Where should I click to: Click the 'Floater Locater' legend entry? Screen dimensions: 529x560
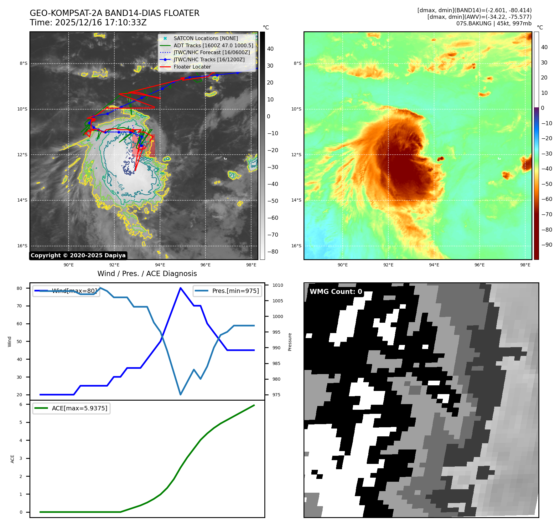tap(192, 67)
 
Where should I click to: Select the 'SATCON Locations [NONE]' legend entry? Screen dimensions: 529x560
tap(205, 39)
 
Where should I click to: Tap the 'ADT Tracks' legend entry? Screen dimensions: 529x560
tap(213, 46)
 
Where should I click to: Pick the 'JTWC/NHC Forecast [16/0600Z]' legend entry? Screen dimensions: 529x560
tap(211, 53)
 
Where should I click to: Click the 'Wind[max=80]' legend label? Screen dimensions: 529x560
tap(74, 291)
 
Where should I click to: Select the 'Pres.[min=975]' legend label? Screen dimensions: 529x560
tap(235, 291)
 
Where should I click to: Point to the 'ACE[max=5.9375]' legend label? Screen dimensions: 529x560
tap(79, 408)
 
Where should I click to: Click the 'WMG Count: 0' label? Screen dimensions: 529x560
tap(336, 292)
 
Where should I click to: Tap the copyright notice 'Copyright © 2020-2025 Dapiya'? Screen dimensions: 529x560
tap(78, 255)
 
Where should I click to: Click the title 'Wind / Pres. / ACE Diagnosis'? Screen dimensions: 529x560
tap(147, 274)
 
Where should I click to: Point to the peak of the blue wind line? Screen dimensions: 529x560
tap(180, 288)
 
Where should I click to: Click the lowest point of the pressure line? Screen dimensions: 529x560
tap(180, 394)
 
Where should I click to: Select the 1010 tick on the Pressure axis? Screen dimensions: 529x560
tap(277, 285)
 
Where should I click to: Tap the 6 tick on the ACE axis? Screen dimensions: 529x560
tap(21, 404)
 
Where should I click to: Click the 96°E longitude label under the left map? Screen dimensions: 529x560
tap(205, 265)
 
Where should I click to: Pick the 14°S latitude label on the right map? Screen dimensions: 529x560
tap(296, 200)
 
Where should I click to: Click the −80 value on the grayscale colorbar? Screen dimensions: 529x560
tap(272, 252)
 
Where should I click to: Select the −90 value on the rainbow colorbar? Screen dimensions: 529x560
tap(547, 245)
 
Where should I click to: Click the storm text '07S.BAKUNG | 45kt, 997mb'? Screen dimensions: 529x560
tap(494, 23)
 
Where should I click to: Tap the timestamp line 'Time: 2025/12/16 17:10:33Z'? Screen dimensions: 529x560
tap(88, 23)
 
